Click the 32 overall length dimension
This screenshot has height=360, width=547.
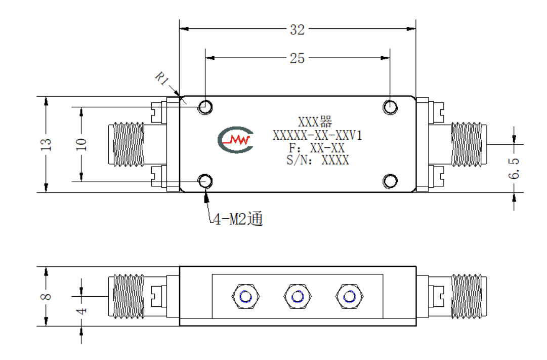[x=297, y=30]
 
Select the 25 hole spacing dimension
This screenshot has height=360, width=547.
[x=297, y=58]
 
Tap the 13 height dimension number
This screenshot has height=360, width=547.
[x=46, y=144]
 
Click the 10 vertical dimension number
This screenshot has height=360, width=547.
[x=81, y=144]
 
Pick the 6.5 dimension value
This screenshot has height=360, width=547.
[x=514, y=168]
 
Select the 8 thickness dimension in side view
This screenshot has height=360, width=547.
[x=46, y=297]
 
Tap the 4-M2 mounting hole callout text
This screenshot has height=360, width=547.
[x=237, y=219]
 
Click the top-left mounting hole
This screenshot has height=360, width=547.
[x=205, y=107]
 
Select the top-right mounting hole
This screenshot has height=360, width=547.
[x=390, y=107]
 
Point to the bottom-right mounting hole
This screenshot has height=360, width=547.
[x=390, y=181]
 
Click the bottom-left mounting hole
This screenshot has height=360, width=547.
[x=205, y=181]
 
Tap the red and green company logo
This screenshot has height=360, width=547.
[x=235, y=140]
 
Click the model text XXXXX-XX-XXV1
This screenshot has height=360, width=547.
[x=317, y=135]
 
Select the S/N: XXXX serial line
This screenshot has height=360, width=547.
[x=317, y=160]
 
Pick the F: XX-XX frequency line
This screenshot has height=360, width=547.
[x=316, y=148]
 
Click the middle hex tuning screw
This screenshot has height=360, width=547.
[x=297, y=297]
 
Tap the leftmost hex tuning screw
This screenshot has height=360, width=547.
[x=245, y=297]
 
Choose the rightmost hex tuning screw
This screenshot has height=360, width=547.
[x=349, y=297]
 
